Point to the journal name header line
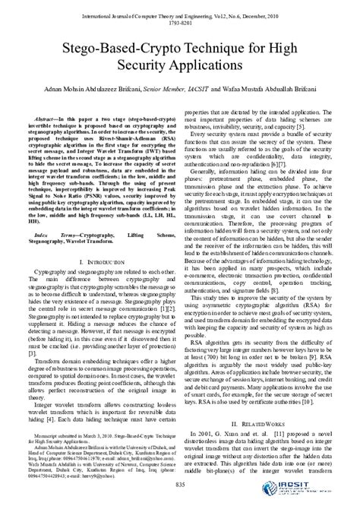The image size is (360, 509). [180, 6]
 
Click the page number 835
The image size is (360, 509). [180, 485]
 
